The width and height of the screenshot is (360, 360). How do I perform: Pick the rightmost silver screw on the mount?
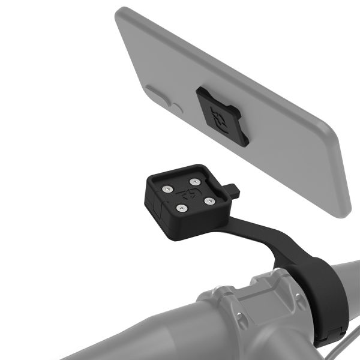pos(209,200)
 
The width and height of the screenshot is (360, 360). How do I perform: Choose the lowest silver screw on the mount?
pos(179,208)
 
